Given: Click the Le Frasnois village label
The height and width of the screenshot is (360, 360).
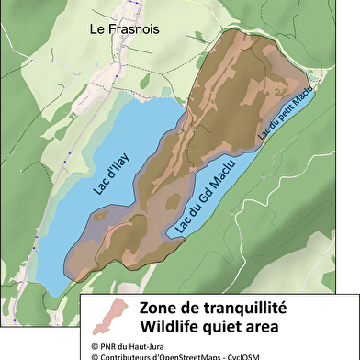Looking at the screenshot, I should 123,29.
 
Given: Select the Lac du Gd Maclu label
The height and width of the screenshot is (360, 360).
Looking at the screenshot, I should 205,197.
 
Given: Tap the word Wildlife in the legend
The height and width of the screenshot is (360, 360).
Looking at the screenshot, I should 170,326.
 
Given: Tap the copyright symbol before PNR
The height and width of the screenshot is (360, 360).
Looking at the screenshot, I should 94,345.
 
